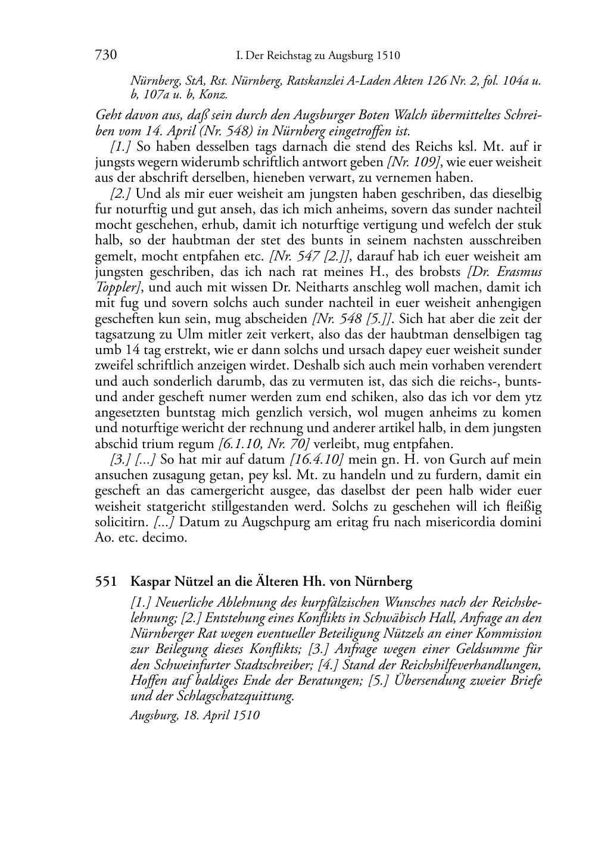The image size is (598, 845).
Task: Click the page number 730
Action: tap(105, 55)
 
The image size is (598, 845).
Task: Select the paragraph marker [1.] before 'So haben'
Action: tap(121, 147)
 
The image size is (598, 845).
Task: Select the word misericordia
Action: tap(472, 522)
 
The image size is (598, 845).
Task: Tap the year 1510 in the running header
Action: tap(388, 56)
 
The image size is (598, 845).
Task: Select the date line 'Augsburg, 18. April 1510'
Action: tap(195, 714)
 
